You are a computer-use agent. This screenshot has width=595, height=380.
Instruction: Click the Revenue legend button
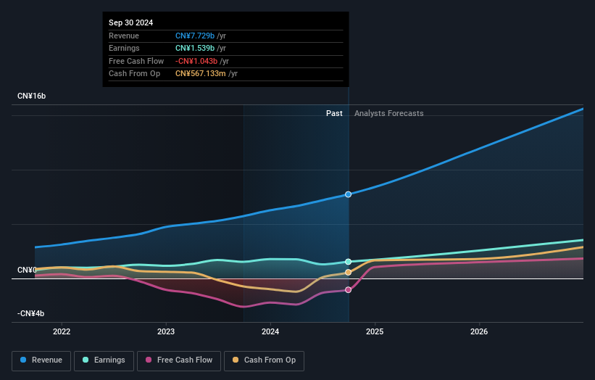[x=42, y=360]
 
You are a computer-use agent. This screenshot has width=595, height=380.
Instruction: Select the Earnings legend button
[x=104, y=360]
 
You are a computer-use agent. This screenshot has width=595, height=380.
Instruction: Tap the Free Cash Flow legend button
[x=179, y=360]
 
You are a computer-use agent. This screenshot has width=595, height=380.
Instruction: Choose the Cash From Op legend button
[x=265, y=360]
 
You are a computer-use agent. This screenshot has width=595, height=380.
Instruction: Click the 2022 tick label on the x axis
[x=62, y=332]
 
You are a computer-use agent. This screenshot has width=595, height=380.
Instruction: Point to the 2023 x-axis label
[x=166, y=332]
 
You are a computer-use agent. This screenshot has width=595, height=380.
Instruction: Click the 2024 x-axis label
[x=270, y=332]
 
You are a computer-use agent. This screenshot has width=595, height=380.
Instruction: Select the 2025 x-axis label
[x=375, y=332]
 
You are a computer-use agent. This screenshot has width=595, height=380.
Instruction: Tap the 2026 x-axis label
[x=479, y=332]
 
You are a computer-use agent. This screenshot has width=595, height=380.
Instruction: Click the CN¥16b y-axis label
[x=32, y=96]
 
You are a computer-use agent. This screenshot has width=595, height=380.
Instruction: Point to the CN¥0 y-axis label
[x=27, y=270]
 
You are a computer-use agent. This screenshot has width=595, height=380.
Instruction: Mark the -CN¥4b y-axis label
[x=31, y=313]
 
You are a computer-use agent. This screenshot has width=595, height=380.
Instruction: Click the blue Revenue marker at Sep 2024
[x=349, y=194]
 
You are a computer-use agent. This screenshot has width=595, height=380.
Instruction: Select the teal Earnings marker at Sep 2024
[x=349, y=262]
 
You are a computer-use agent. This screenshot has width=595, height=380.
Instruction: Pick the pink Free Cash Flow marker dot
[x=349, y=290]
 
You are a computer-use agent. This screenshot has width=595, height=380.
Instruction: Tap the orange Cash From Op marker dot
[x=349, y=273]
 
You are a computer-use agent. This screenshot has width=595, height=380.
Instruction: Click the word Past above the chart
[x=334, y=113]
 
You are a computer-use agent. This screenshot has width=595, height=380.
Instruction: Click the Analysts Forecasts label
[x=388, y=113]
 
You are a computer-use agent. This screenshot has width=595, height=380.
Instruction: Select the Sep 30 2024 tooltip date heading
[x=131, y=23]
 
